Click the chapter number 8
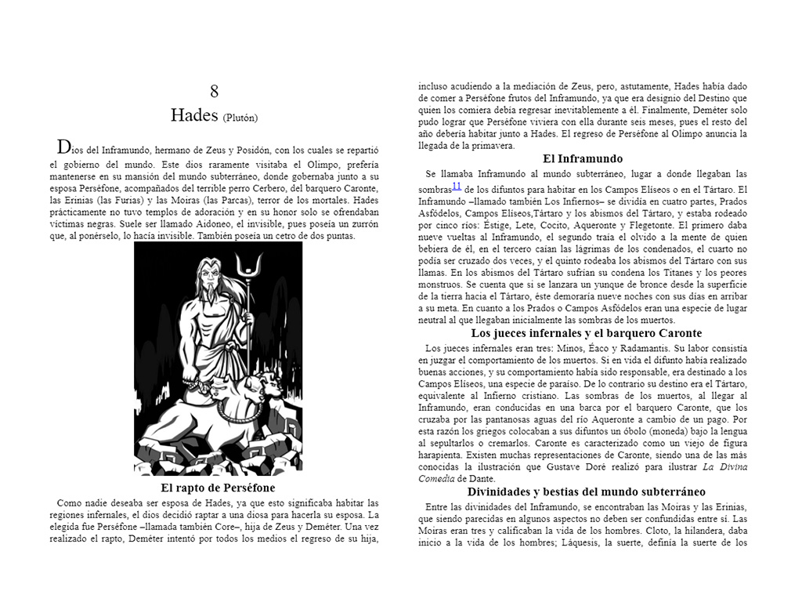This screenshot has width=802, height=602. pos(214,91)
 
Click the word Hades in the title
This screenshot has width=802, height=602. pos(193,115)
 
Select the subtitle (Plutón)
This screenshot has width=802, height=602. pos(240,118)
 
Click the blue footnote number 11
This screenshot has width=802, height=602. pos(457,186)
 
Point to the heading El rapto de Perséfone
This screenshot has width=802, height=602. pos(213,488)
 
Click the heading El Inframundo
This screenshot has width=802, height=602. pos(583,158)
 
